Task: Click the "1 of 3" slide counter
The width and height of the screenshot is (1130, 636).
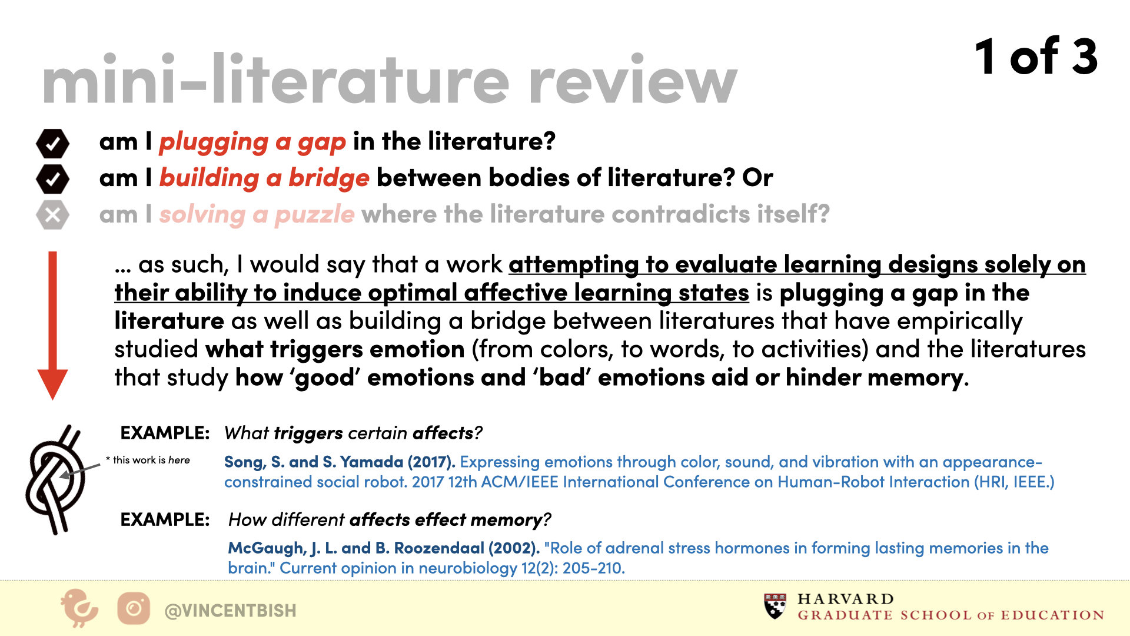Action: click(1036, 57)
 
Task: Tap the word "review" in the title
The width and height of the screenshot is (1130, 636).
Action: click(633, 80)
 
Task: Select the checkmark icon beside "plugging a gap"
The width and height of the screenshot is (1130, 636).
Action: click(52, 143)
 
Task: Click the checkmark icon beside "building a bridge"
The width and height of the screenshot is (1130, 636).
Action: click(52, 179)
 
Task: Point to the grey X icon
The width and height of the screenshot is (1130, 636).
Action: click(52, 215)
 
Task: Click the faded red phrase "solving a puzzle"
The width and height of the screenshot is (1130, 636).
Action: click(257, 214)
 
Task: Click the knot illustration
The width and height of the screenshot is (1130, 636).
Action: click(56, 479)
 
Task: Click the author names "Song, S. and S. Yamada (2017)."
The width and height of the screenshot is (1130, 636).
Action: click(340, 462)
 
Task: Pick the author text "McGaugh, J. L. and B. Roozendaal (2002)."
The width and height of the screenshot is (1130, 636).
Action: click(384, 548)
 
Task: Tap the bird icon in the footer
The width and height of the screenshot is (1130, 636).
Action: click(79, 608)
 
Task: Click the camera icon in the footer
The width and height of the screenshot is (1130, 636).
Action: click(134, 608)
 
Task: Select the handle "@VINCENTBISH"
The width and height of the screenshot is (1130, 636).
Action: click(230, 611)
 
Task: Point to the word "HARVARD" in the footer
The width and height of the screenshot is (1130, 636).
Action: click(846, 599)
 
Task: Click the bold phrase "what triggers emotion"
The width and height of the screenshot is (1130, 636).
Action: click(335, 349)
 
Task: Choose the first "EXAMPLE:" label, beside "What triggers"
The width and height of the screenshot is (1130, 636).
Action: click(165, 433)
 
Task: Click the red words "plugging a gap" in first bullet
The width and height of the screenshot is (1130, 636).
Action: click(252, 142)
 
